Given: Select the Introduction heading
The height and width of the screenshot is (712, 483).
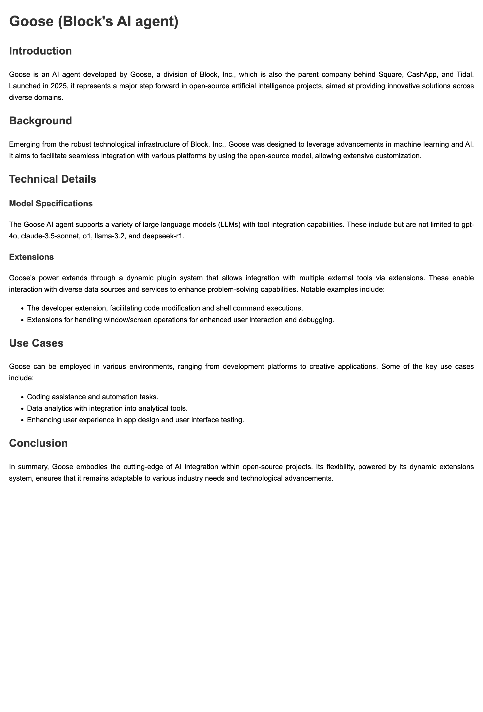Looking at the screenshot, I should (40, 51).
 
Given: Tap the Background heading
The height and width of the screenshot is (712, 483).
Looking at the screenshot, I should (40, 121).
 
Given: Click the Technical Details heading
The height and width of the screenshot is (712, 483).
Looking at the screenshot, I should (53, 179).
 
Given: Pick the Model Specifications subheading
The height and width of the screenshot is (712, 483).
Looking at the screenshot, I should (51, 203).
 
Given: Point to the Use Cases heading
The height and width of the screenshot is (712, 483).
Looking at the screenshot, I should (36, 343).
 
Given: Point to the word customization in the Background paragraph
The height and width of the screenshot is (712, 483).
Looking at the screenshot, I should (399, 156).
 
